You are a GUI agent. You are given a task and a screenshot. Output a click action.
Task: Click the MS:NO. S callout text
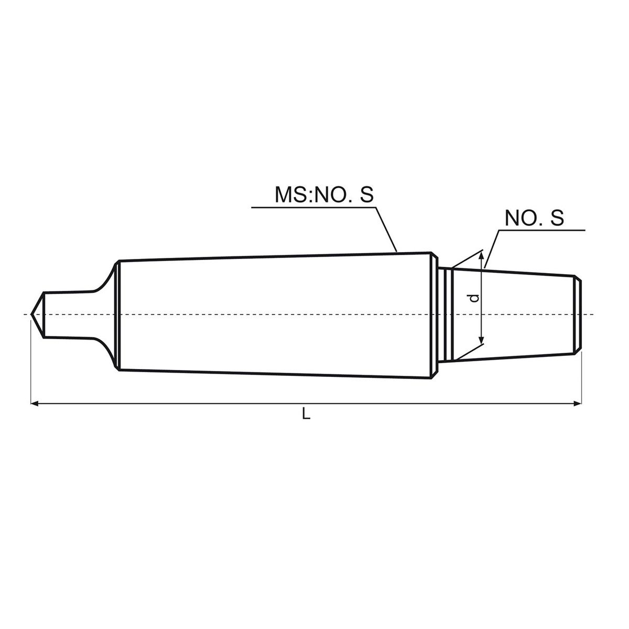(x=324, y=194)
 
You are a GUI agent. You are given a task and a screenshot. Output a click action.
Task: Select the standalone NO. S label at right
(x=534, y=218)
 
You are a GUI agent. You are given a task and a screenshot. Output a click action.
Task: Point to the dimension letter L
(x=307, y=415)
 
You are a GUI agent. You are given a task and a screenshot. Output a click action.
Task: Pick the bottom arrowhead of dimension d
(x=481, y=341)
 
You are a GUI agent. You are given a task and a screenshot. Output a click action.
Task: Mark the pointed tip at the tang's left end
(x=32, y=314)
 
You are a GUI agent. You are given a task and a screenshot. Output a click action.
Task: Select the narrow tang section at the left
(x=68, y=314)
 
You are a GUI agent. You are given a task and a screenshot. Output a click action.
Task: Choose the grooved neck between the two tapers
(x=444, y=314)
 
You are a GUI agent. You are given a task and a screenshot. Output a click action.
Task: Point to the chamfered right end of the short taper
(x=578, y=314)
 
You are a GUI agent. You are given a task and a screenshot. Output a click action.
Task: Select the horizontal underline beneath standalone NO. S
(x=540, y=230)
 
